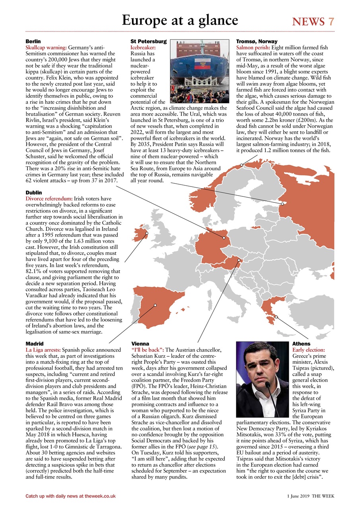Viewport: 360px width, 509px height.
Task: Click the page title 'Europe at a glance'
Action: point(180,20)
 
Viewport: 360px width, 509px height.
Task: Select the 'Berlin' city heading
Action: point(33,41)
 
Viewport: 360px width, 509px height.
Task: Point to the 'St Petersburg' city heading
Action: point(148,41)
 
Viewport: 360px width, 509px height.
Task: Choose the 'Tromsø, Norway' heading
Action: point(257,41)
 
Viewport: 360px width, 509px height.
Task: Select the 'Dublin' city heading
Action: point(33,192)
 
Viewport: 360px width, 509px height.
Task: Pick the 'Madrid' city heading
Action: point(34,343)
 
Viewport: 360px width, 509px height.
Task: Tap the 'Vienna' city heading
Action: point(140,343)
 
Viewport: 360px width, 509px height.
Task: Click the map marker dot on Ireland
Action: point(147,233)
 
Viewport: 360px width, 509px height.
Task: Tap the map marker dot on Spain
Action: point(155,305)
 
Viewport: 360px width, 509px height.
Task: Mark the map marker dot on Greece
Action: point(276,317)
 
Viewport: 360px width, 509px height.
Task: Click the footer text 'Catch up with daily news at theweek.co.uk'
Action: point(70,496)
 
